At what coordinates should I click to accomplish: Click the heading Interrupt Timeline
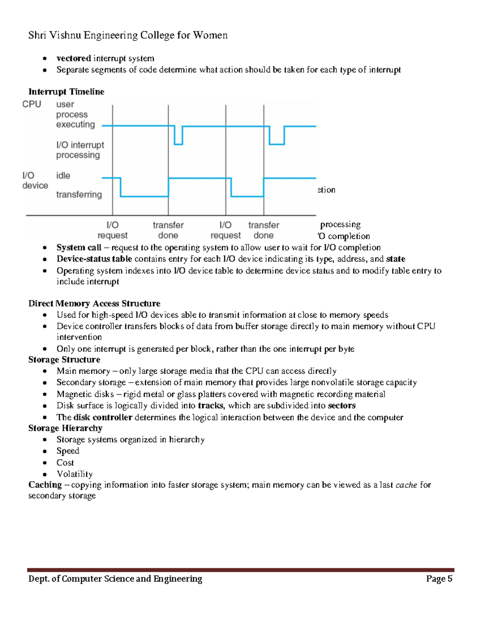(66, 92)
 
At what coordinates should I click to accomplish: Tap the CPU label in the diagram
(32, 104)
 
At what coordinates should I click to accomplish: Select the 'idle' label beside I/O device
(63, 176)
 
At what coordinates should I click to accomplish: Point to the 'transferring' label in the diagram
(79, 195)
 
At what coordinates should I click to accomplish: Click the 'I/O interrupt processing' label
(80, 150)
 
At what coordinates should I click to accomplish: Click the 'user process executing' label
(75, 114)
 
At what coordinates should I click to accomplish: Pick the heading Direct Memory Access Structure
(94, 303)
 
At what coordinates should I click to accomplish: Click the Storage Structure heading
(64, 359)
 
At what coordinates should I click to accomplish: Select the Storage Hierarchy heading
(65, 428)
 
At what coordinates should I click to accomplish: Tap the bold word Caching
(45, 485)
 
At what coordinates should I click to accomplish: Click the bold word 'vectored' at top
(73, 59)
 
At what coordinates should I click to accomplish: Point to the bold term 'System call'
(79, 248)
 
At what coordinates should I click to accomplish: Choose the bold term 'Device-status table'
(94, 259)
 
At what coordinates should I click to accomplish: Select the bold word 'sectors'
(342, 406)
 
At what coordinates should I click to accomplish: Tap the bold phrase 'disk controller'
(103, 417)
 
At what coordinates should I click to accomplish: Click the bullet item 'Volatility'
(75, 474)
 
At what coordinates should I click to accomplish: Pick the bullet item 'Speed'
(68, 451)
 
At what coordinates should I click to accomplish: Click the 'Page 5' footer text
(439, 578)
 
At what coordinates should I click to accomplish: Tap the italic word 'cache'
(406, 485)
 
